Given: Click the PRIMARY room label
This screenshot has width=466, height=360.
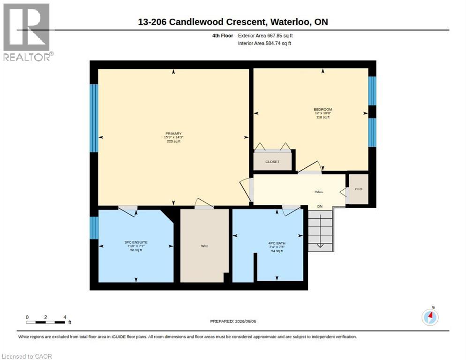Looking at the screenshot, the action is pyautogui.click(x=173, y=134).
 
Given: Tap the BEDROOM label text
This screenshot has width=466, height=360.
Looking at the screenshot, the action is pyautogui.click(x=323, y=109).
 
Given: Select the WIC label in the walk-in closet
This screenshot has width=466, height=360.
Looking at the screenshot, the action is pyautogui.click(x=204, y=246).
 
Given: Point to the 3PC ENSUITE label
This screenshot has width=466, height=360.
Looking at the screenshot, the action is pyautogui.click(x=136, y=242).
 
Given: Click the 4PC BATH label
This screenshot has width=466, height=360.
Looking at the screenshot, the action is pyautogui.click(x=277, y=243).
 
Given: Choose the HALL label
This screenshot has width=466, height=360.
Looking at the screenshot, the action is pyautogui.click(x=319, y=192).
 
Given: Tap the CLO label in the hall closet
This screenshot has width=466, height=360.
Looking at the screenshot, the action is pyautogui.click(x=359, y=189).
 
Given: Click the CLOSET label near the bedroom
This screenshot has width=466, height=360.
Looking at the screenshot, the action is pyautogui.click(x=272, y=162).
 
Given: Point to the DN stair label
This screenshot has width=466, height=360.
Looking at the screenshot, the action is pyautogui.click(x=320, y=206).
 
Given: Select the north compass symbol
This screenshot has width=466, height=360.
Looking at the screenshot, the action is pyautogui.click(x=430, y=316).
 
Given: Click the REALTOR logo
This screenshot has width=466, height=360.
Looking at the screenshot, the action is pyautogui.click(x=28, y=32).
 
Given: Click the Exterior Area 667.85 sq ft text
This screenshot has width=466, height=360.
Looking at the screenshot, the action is pyautogui.click(x=265, y=36).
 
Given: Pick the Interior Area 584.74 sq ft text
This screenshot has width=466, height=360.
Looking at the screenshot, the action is pyautogui.click(x=264, y=44).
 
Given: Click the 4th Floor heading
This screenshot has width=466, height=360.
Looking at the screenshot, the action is pyautogui.click(x=223, y=36).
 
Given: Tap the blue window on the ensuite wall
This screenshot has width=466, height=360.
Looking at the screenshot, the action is pyautogui.click(x=94, y=228).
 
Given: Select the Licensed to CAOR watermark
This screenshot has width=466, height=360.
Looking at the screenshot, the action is pyautogui.click(x=27, y=356).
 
